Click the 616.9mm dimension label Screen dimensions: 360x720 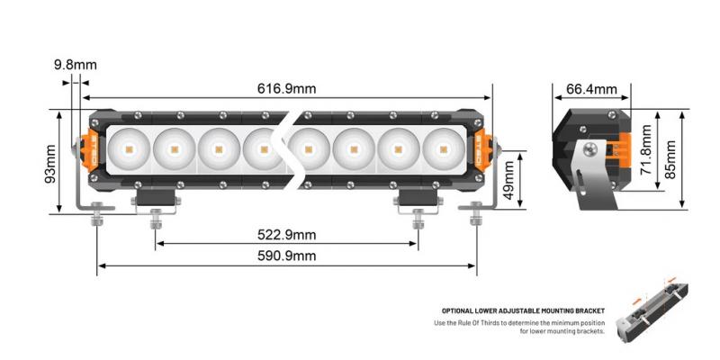[x=287, y=89]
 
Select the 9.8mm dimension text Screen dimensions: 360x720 [x=75, y=65]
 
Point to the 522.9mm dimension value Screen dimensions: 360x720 [x=287, y=236]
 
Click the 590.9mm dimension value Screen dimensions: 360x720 [x=287, y=256]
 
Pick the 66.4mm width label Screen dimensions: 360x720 [x=591, y=89]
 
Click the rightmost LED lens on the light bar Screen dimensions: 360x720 [x=440, y=147]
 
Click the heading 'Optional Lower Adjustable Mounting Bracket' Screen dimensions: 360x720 [x=523, y=310]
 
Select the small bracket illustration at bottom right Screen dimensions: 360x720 [x=653, y=311]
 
